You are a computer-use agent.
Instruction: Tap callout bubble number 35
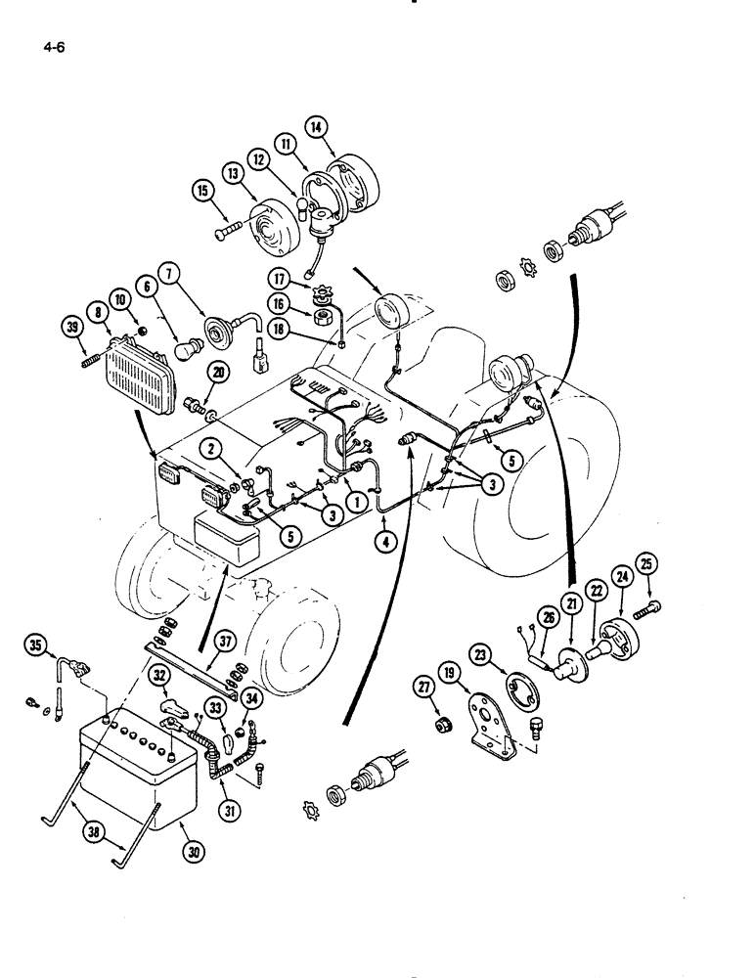coord(36,645)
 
